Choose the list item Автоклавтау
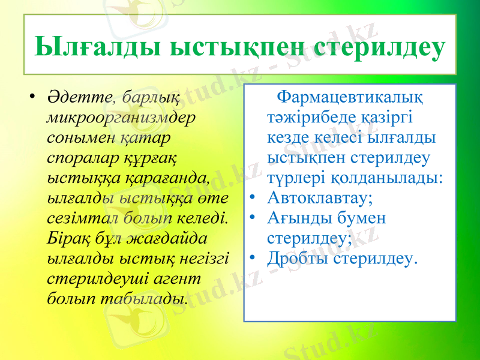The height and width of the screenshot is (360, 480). (x=320, y=198)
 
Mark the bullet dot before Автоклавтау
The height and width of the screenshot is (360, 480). (x=254, y=198)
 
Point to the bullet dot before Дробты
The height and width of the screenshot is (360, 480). (x=254, y=259)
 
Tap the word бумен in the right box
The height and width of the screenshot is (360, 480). (x=363, y=218)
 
